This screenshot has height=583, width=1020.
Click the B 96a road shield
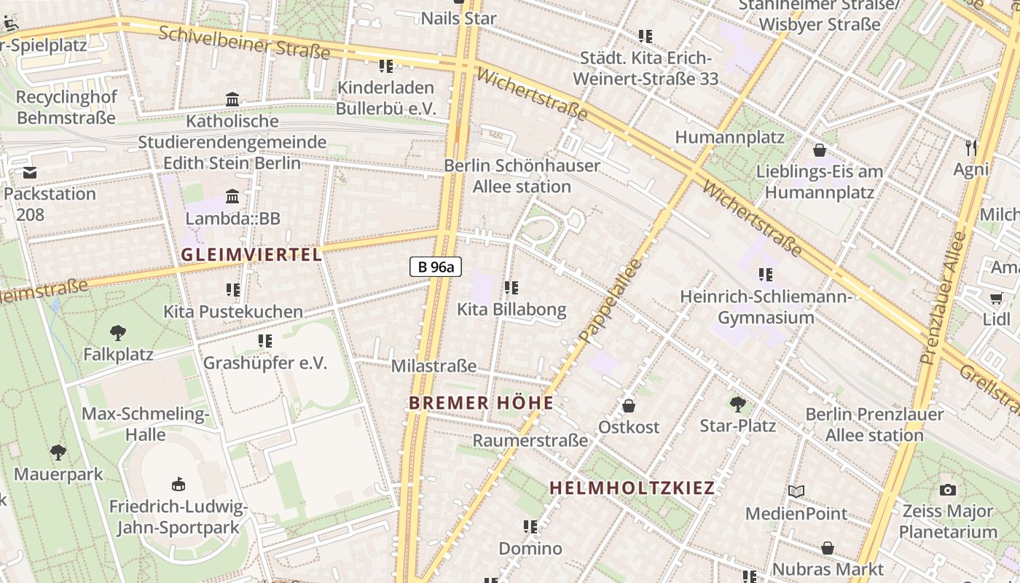coord(436,267)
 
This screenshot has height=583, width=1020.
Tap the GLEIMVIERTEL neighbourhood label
coord(251,254)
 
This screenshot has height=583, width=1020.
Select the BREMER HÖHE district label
coord(481,403)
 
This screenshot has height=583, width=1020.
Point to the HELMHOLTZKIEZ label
coord(632,488)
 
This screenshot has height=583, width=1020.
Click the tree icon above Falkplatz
coord(117,333)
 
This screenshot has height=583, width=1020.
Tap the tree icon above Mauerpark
coord(58,453)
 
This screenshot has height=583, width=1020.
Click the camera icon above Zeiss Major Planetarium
coord(947,489)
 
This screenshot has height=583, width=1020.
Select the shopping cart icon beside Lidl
coord(996,298)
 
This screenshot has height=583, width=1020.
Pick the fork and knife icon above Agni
coord(970,148)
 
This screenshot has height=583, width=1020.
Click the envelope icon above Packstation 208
coord(30,173)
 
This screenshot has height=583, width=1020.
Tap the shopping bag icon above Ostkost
coord(628,406)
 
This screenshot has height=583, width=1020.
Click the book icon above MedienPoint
coord(796,492)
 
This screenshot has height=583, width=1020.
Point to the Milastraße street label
coord(433,366)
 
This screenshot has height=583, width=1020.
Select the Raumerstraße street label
coord(530,440)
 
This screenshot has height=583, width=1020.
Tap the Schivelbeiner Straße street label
coord(244,43)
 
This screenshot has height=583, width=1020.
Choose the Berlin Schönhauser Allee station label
coord(522,176)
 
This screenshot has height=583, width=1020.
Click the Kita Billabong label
coord(511,309)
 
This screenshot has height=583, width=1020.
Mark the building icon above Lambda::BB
coord(232,196)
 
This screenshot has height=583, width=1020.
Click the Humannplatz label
coord(729,137)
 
